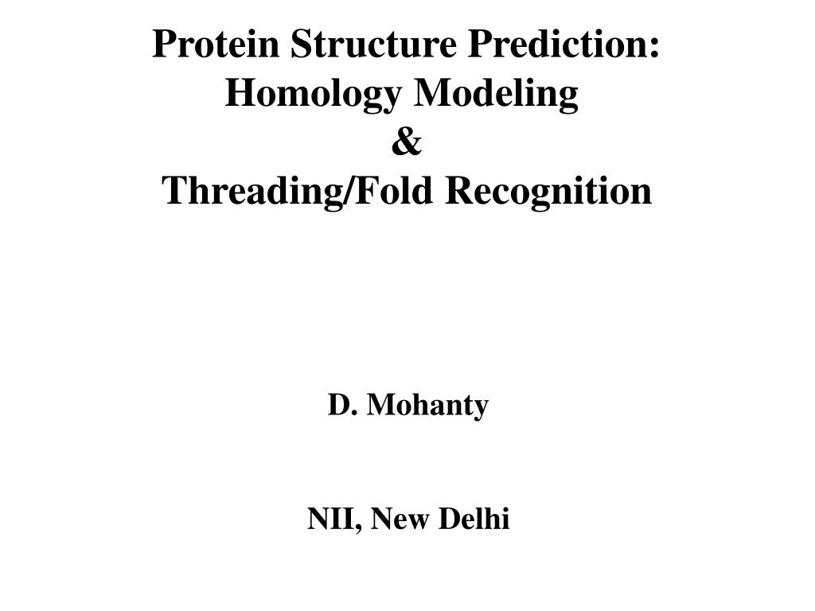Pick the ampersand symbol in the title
click(407, 143)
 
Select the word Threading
click(251, 191)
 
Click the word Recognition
click(548, 191)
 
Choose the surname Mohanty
click(428, 406)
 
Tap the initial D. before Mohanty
click(341, 406)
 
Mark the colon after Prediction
click(654, 46)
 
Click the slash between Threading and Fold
click(349, 191)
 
